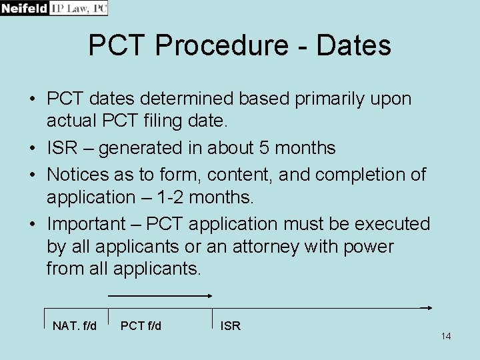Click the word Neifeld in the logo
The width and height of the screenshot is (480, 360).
tap(25, 8)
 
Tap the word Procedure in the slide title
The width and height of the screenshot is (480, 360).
tap(231, 46)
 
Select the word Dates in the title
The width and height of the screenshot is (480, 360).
tap(353, 46)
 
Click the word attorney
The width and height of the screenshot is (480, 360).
tap(261, 247)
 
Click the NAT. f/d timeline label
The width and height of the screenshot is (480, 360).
tap(74, 325)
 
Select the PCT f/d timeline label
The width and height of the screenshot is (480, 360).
tap(141, 325)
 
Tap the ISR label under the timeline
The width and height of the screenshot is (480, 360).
tap(231, 325)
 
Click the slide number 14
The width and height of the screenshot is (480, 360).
tap(445, 336)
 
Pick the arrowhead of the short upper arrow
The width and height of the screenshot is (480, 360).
tap(209, 295)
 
